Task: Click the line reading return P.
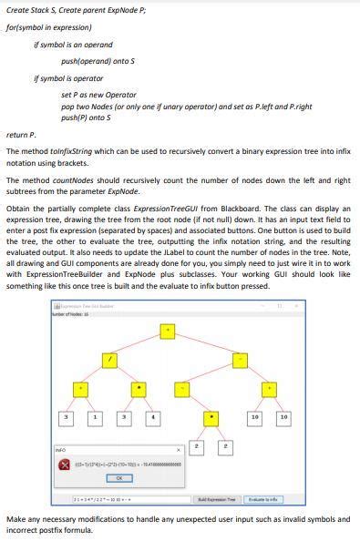(x=17, y=133)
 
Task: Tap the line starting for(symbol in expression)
(x=55, y=27)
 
